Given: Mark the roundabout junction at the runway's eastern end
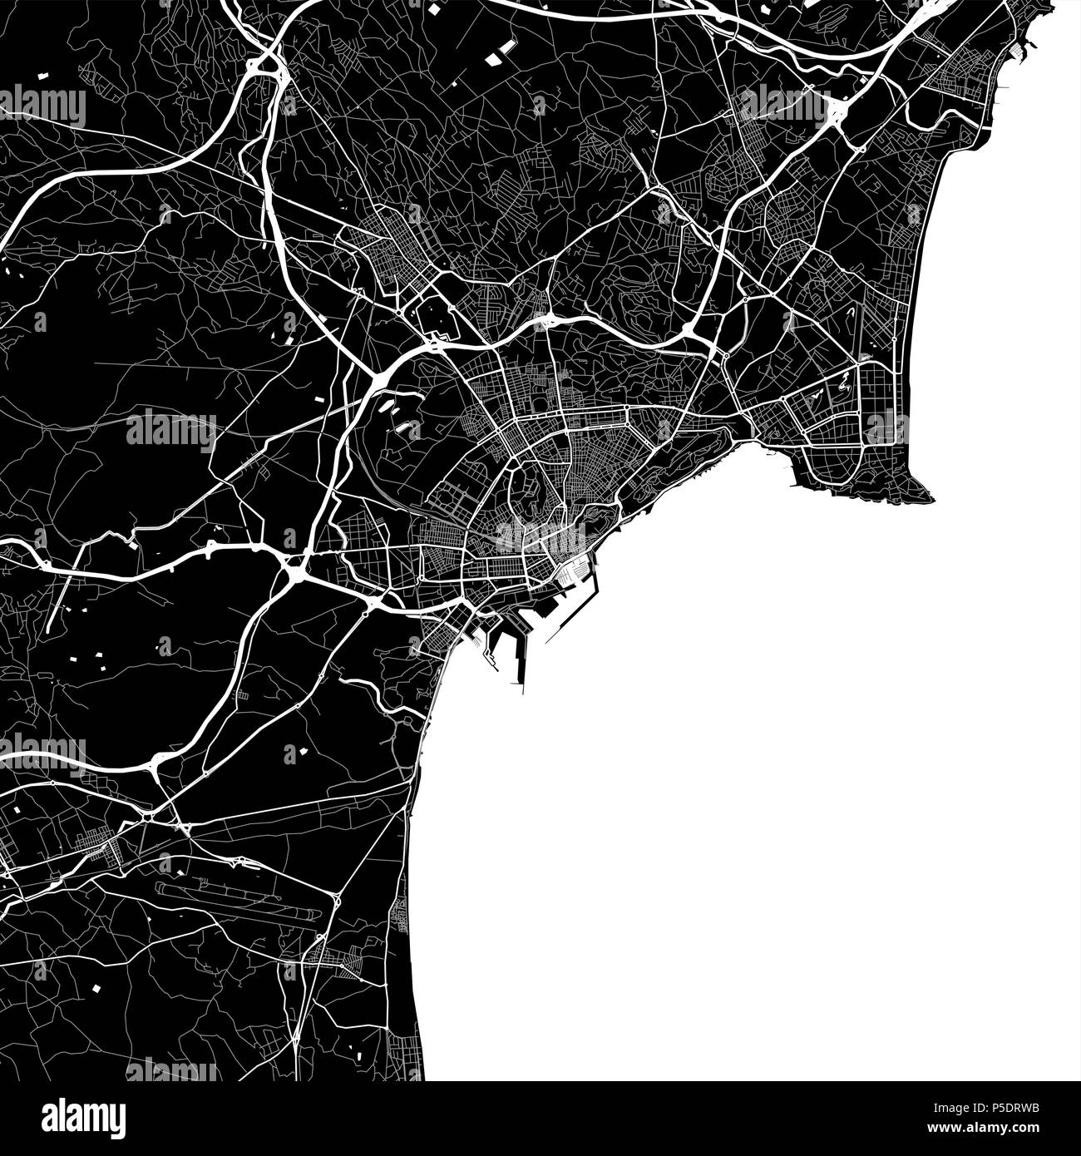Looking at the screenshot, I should click(x=336, y=902).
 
